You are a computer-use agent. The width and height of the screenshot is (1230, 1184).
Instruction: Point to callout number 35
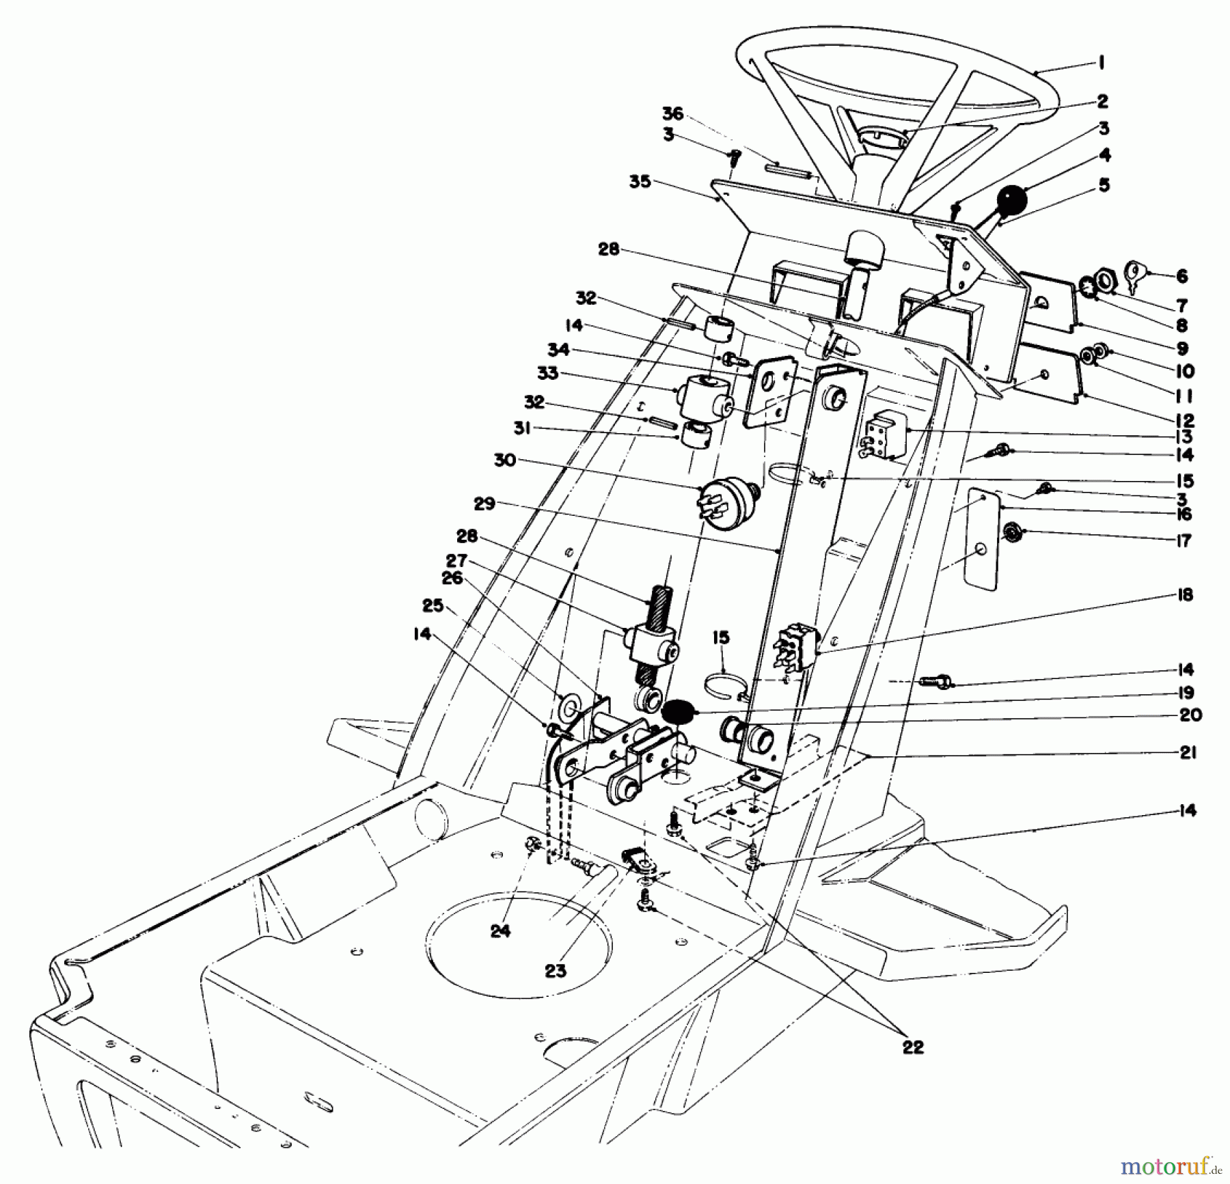pyautogui.click(x=640, y=182)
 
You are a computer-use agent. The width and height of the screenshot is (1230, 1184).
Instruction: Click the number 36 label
pyautogui.click(x=672, y=114)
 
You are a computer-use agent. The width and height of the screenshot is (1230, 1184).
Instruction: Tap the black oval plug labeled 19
pyautogui.click(x=678, y=711)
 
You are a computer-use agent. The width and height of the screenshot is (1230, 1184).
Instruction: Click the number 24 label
pyautogui.click(x=501, y=931)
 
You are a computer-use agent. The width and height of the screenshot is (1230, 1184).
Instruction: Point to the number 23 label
pyautogui.click(x=556, y=971)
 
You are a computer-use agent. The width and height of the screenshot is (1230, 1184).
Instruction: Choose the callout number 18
pyautogui.click(x=1186, y=594)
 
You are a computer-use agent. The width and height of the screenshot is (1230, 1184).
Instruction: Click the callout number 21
pyautogui.click(x=1188, y=753)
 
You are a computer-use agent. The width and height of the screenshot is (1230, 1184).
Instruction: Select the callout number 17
pyautogui.click(x=1184, y=541)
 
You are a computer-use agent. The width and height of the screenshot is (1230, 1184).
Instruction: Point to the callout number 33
pyautogui.click(x=547, y=374)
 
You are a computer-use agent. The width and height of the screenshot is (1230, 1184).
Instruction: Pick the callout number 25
pyautogui.click(x=433, y=605)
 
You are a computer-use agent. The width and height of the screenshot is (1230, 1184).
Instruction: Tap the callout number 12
pyautogui.click(x=1185, y=421)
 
